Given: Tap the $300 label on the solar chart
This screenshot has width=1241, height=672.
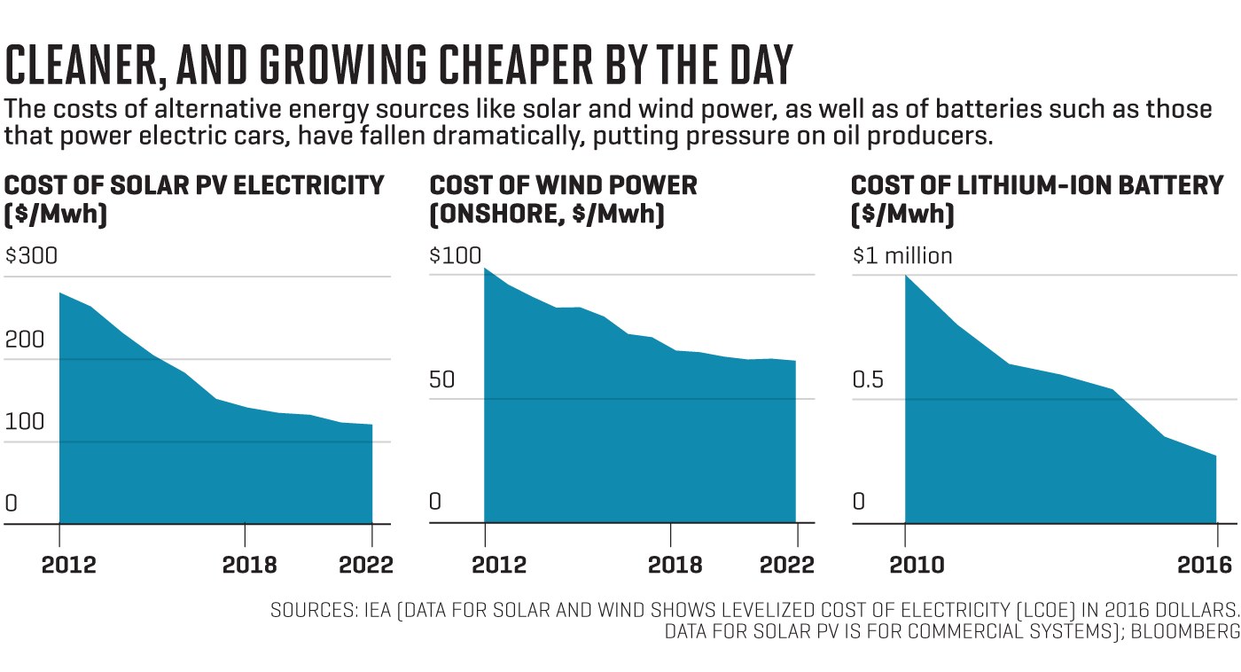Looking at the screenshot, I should pyautogui.click(x=31, y=256).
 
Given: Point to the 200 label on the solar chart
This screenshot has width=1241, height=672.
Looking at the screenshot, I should pyautogui.click(x=24, y=340).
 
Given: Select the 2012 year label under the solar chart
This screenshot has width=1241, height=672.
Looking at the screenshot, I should pyautogui.click(x=68, y=565).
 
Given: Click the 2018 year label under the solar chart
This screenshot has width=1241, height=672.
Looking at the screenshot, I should pyautogui.click(x=249, y=565).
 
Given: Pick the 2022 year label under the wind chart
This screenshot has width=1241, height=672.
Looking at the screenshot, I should pyautogui.click(x=787, y=565).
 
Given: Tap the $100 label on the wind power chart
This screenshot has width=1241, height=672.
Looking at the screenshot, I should pyautogui.click(x=456, y=256).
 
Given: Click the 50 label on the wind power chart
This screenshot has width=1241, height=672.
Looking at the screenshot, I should pyautogui.click(x=441, y=380).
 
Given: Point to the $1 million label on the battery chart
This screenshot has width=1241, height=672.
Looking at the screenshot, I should pyautogui.click(x=902, y=256).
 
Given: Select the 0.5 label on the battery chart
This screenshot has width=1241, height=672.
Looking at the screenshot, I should pyautogui.click(x=869, y=380).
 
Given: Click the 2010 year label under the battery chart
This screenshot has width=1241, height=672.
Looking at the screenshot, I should pyautogui.click(x=917, y=565).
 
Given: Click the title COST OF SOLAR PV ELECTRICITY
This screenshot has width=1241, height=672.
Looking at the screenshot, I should pyautogui.click(x=194, y=185).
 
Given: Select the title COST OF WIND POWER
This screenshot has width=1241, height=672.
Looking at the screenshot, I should pyautogui.click(x=563, y=185).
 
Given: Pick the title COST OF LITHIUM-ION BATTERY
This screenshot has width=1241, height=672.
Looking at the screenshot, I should pyautogui.click(x=1037, y=185).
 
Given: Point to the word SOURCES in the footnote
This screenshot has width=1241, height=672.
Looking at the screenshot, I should pyautogui.click(x=311, y=611).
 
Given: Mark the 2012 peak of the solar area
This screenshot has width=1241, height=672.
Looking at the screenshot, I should pyautogui.click(x=59, y=293).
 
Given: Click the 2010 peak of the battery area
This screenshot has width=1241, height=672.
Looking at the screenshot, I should pyautogui.click(x=905, y=276).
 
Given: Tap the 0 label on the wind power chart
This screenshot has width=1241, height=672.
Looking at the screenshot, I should pyautogui.click(x=434, y=503).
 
